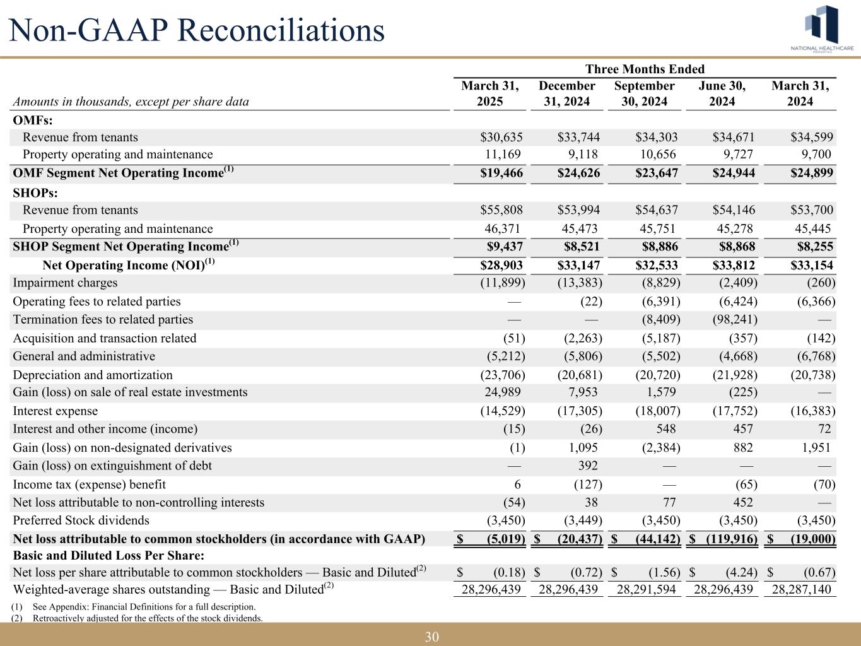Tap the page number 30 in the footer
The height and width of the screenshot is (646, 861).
coord(431,637)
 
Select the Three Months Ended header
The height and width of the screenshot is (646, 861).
coord(645,69)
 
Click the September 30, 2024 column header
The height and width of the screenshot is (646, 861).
coord(644,93)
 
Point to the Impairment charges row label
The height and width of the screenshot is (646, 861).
coord(65,283)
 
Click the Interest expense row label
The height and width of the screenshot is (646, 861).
coord(56,411)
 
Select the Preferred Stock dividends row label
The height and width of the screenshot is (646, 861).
coord(81,520)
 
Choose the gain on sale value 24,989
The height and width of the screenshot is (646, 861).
coord(501,392)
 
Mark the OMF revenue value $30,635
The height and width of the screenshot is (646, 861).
coord(502,138)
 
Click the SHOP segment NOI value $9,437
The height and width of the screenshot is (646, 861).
coord(505,247)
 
